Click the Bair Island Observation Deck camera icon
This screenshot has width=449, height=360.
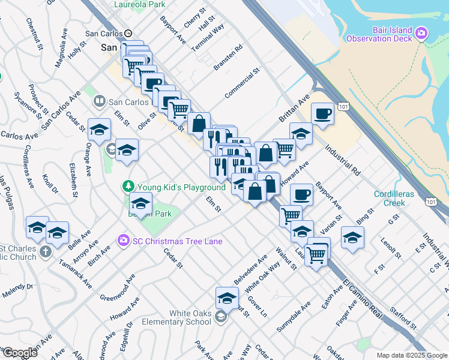(x=421, y=32)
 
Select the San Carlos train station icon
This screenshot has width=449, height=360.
(x=128, y=34)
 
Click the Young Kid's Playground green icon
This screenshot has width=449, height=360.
(x=128, y=187)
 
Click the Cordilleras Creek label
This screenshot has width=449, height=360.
(x=398, y=199)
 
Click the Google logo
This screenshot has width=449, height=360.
(x=19, y=352)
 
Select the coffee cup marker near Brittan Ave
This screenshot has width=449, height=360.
(x=322, y=114)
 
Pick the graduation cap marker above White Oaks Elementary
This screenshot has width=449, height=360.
(x=228, y=297)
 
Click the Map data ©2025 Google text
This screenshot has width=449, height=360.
(x=411, y=355)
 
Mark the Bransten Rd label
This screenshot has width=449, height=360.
(x=229, y=57)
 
